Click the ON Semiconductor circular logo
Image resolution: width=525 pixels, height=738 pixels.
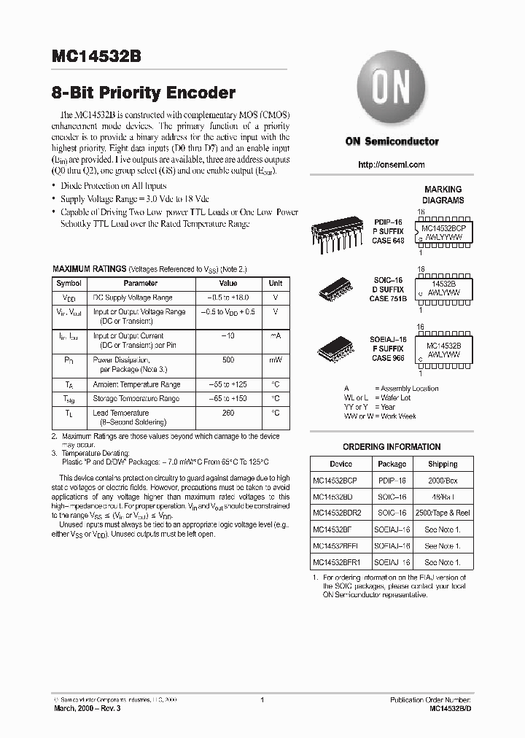click(x=392, y=90)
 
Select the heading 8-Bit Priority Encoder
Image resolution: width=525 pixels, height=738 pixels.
click(x=144, y=93)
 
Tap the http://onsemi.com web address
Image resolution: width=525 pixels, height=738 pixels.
click(x=392, y=165)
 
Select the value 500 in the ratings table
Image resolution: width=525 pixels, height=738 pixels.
click(x=228, y=360)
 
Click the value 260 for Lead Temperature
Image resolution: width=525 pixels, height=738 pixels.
click(x=228, y=413)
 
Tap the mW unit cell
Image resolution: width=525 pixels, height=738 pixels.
click(x=275, y=360)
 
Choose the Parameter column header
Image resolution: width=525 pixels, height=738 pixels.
click(x=140, y=283)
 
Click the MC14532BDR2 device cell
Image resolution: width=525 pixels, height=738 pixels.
click(x=341, y=513)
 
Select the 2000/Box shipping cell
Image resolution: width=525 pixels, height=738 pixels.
click(x=442, y=481)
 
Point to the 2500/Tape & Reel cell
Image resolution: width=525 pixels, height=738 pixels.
click(x=442, y=513)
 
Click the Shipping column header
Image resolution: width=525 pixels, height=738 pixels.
click(x=442, y=464)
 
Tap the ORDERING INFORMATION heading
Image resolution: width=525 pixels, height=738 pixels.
click(x=392, y=446)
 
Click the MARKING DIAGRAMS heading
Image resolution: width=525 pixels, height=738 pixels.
click(x=443, y=195)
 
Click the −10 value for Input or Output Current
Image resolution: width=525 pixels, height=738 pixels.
click(x=228, y=335)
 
